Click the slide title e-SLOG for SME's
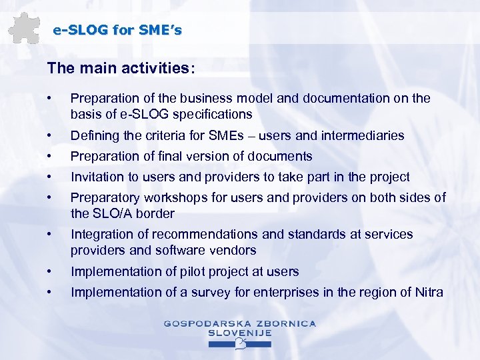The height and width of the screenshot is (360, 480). pyautogui.click(x=117, y=30)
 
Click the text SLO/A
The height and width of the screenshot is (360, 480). pyautogui.click(x=115, y=213)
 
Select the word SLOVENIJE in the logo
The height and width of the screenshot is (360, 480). pyautogui.click(x=240, y=332)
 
